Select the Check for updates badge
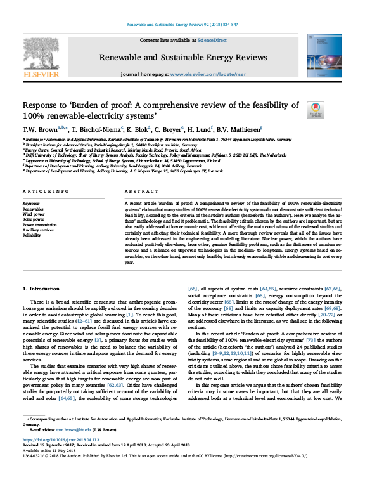[x=314, y=110]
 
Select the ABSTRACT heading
[x=141, y=191]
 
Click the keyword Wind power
[x=37, y=213]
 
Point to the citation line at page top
[x=182, y=24]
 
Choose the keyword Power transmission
[x=43, y=224]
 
